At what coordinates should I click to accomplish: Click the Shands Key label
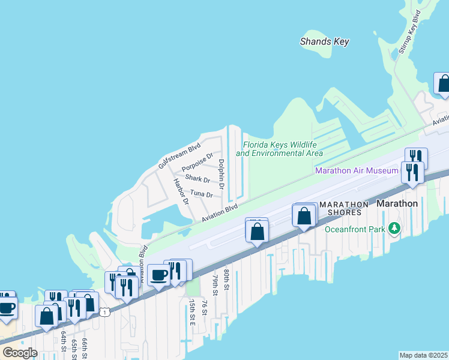(x=325, y=41)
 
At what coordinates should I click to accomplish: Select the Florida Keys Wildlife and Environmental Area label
(x=279, y=149)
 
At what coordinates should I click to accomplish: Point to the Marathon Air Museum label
(x=357, y=171)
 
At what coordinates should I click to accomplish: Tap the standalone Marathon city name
(x=397, y=203)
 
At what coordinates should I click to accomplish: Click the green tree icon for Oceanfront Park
(x=394, y=229)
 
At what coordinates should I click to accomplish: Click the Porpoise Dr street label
(x=197, y=161)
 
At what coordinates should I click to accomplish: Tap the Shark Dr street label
(x=197, y=179)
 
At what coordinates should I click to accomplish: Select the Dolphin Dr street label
(x=221, y=174)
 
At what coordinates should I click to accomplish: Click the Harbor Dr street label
(x=181, y=191)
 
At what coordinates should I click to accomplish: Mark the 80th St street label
(x=226, y=280)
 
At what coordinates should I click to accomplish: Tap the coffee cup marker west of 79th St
(x=158, y=275)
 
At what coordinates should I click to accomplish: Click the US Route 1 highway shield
(x=106, y=312)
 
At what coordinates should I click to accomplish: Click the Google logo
(x=19, y=352)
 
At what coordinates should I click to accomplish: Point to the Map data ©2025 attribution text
(x=423, y=355)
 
